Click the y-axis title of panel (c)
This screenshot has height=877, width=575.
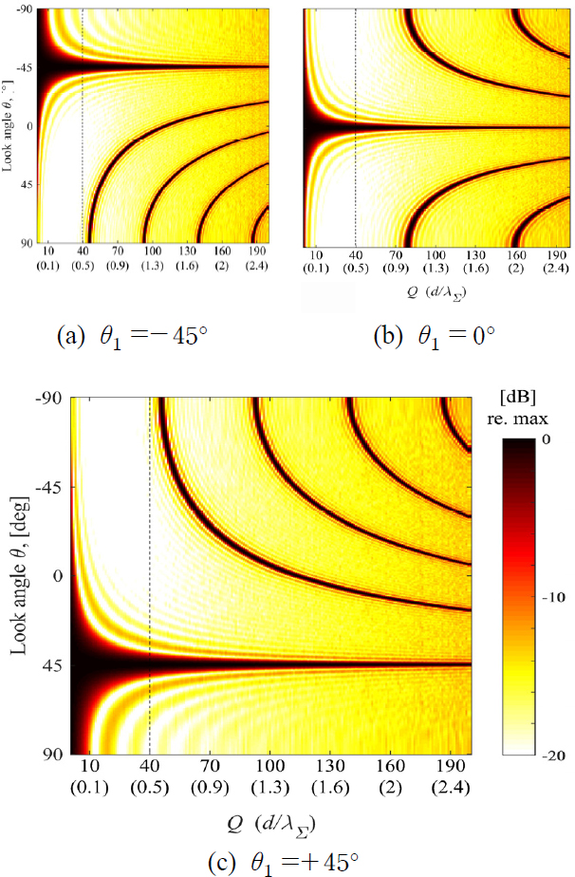[18, 576]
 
